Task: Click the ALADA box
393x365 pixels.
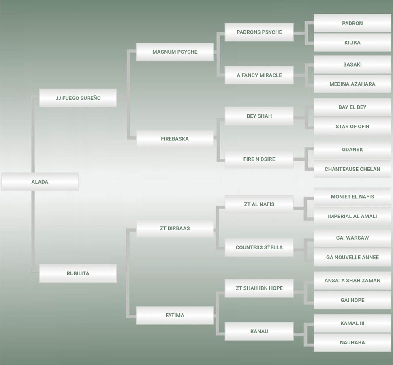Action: tap(40, 182)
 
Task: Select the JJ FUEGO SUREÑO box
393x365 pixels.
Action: tap(78, 98)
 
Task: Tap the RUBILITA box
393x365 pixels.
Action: tap(78, 273)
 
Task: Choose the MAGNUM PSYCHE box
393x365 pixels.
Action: tap(175, 52)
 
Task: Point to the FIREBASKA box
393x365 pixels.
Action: tap(175, 139)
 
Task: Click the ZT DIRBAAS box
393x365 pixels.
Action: tap(175, 228)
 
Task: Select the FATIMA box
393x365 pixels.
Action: tap(175, 315)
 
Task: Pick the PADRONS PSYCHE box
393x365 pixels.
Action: tap(259, 32)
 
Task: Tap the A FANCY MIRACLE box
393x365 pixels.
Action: tap(259, 75)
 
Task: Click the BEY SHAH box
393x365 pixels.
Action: tap(259, 116)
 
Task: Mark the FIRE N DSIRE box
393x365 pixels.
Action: tap(259, 159)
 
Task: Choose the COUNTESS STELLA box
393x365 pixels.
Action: tap(259, 247)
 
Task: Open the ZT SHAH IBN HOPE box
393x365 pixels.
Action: tap(259, 288)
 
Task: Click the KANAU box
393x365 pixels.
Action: tap(259, 331)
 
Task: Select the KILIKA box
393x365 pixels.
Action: tap(352, 43)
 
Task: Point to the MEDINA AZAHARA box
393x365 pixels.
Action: tap(352, 84)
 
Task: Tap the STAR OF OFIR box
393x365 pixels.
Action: tap(352, 127)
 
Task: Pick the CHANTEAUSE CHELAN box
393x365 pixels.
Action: tap(352, 169)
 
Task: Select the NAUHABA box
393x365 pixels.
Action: tap(352, 343)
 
